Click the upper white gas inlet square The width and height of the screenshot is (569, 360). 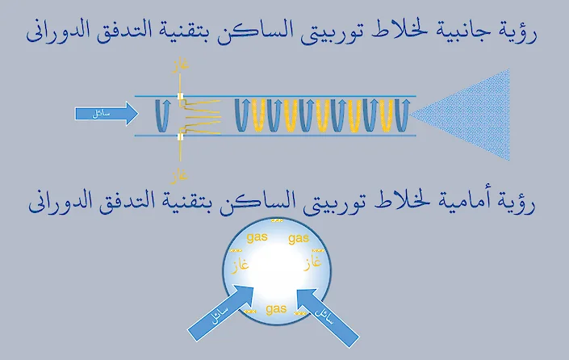coord(181,98)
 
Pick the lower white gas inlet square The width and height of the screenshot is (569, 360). coord(181,137)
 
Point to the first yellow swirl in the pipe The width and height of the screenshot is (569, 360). coord(259,116)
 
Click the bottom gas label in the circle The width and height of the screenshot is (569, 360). coord(276,308)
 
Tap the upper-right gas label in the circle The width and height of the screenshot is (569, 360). coord(298,239)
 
